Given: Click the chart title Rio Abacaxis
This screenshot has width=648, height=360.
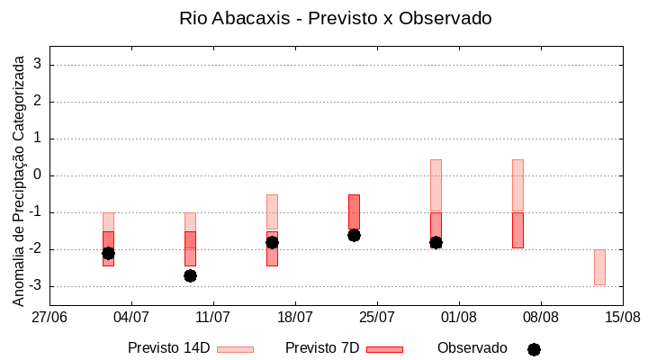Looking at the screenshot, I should tap(336, 18).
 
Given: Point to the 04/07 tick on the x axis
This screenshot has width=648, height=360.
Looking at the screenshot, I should tap(131, 318).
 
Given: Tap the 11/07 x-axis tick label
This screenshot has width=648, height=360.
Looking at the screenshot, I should tap(213, 318).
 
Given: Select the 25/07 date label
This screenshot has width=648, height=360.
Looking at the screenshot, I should tap(377, 318).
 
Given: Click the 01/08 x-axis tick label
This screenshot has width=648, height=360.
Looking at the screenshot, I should tap(459, 318).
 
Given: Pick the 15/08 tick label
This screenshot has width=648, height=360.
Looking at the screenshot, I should tap(623, 318).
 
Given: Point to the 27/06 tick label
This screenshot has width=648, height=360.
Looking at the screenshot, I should tap(49, 318).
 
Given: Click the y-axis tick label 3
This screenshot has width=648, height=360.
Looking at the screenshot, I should tap(38, 65).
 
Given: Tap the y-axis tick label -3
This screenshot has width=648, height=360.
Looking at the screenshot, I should tap(35, 286).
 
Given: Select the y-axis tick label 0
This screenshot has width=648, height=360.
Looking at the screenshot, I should tap(38, 175).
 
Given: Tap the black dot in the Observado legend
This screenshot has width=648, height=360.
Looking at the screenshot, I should tap(534, 349).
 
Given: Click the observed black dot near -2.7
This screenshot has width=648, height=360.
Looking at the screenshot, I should tap(190, 275).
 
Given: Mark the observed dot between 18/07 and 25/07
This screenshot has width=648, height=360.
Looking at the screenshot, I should tap(354, 235).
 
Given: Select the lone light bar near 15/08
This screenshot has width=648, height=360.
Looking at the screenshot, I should tap(599, 267).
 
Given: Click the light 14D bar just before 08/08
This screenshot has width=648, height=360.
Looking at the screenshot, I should tap(517, 185).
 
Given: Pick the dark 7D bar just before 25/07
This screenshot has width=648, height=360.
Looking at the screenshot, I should tap(354, 212).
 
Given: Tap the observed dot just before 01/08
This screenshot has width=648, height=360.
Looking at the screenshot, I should tap(436, 242).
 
